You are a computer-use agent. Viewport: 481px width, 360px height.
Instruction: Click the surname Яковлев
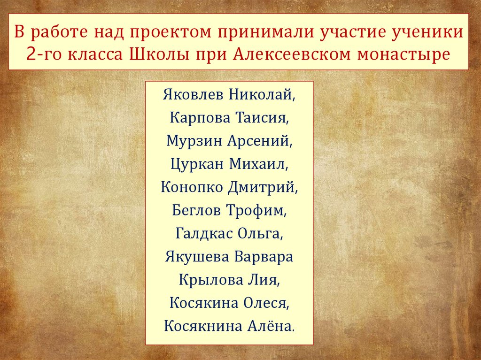(194, 94)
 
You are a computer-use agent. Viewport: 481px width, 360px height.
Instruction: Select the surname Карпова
(198, 117)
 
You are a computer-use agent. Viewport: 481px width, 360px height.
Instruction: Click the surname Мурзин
(194, 140)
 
